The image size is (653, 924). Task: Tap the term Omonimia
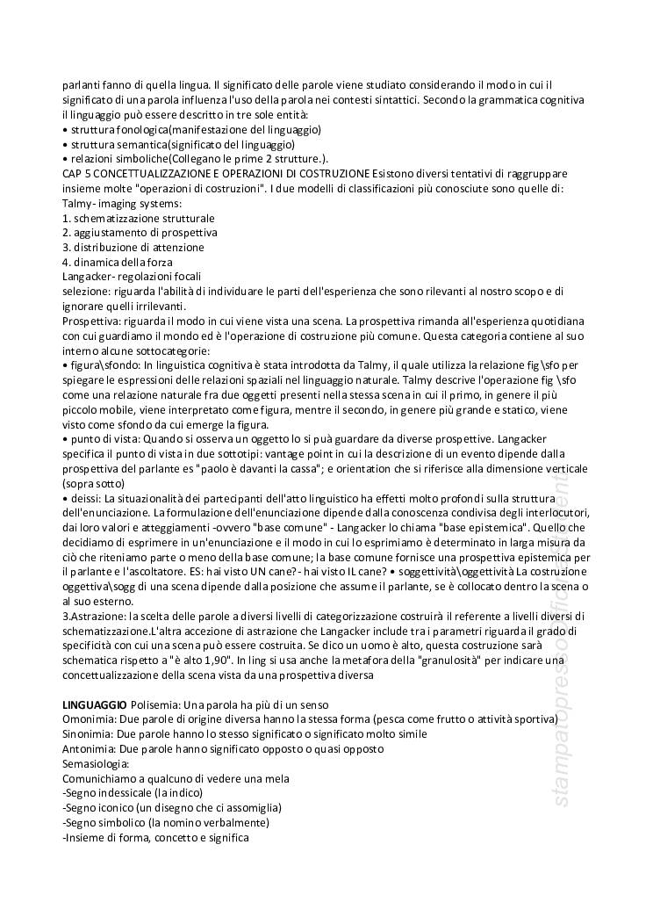coord(89,719)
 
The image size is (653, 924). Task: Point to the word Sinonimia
coord(88,733)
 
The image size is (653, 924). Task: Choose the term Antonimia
coord(89,748)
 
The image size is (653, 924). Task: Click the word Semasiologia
coord(95,763)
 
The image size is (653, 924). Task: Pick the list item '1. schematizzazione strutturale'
coord(138,218)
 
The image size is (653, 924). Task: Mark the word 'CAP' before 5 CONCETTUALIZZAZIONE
coord(73,174)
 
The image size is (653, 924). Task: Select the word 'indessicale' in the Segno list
coord(124,793)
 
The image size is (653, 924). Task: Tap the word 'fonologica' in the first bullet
coord(140,129)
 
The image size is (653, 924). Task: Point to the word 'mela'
coord(276,778)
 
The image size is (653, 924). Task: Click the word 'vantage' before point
coord(276,454)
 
